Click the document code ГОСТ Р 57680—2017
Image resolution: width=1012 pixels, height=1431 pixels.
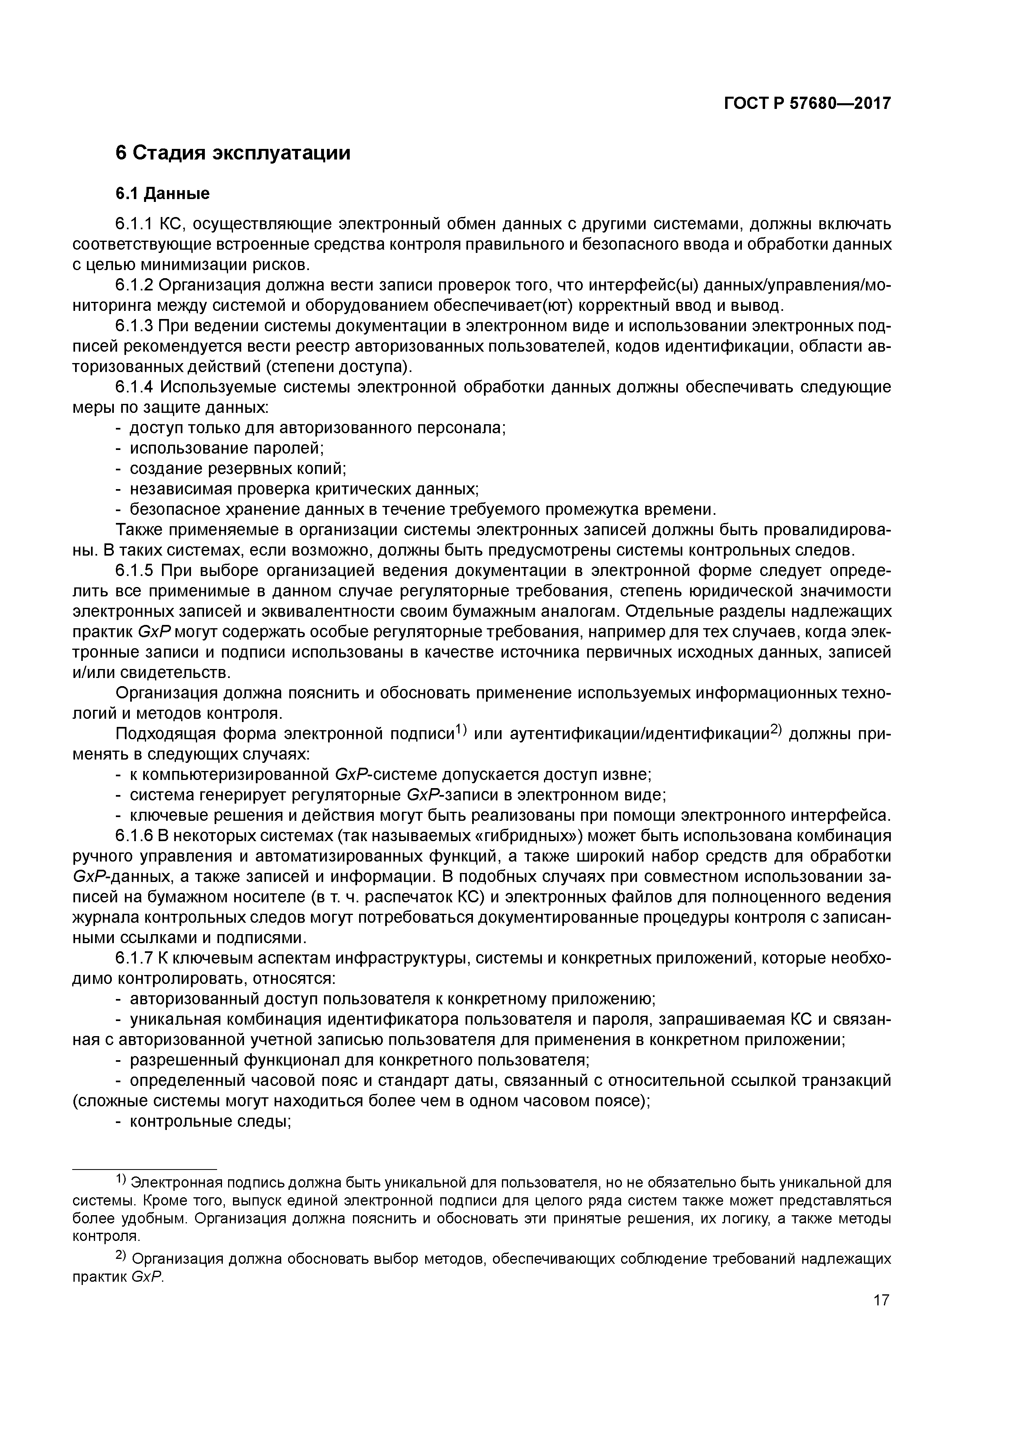pyautogui.click(x=807, y=104)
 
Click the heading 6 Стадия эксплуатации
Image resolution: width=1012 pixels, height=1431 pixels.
pyautogui.click(x=233, y=153)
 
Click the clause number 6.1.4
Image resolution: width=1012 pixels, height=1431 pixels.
pyautogui.click(x=134, y=388)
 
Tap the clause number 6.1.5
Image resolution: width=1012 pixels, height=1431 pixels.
pyautogui.click(x=134, y=571)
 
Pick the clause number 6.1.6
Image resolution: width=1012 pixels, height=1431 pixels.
pyautogui.click(x=134, y=836)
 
